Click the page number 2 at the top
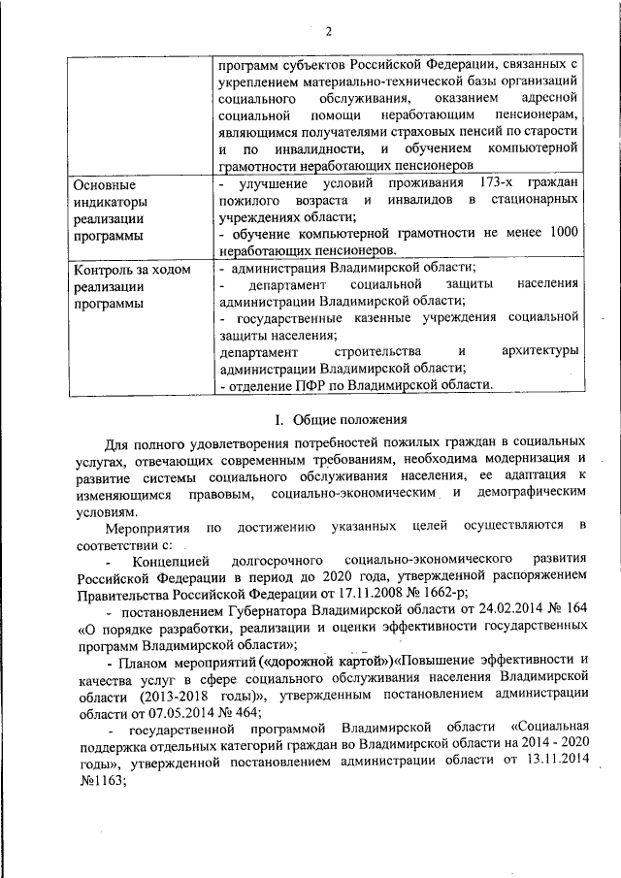tap(328, 30)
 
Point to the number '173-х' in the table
tap(501, 184)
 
